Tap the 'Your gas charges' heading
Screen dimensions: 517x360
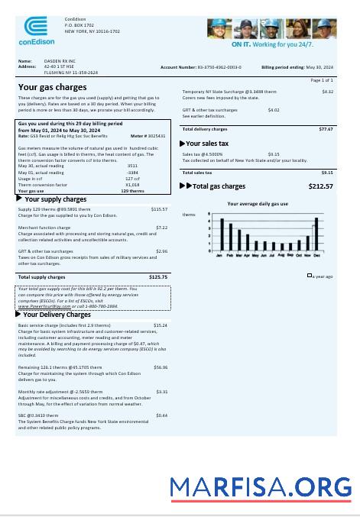click(52, 87)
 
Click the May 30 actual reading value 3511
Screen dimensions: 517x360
click(132, 165)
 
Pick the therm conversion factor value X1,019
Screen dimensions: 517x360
click(132, 184)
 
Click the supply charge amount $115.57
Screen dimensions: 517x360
click(159, 208)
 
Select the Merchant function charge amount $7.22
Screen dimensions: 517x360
click(161, 227)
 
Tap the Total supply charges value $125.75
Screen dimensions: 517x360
click(158, 276)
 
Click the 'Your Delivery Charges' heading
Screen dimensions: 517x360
click(57, 314)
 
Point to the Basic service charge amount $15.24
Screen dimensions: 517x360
click(161, 325)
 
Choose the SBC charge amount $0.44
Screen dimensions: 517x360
click(161, 415)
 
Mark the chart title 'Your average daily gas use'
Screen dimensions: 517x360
click(258, 204)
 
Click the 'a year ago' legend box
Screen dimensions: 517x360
click(310, 276)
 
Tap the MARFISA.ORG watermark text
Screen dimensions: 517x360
click(261, 486)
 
